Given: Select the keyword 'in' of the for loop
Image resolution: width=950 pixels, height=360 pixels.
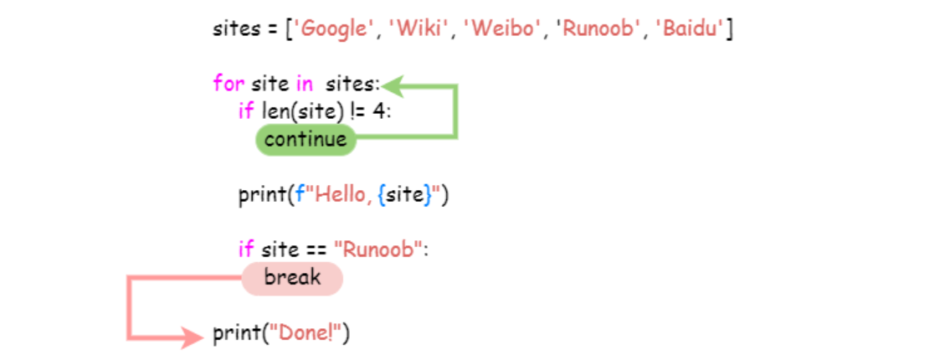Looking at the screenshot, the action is [x=304, y=85].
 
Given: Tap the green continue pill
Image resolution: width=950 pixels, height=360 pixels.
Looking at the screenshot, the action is [x=306, y=140].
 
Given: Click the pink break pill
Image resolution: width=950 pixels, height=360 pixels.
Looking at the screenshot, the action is [x=292, y=278].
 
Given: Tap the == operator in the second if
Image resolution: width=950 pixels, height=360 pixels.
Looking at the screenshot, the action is [x=317, y=249].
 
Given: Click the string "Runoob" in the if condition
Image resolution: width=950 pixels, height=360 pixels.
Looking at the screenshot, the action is [x=377, y=249].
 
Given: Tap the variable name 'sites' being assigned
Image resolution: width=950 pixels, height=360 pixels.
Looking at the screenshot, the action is [x=237, y=29].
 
